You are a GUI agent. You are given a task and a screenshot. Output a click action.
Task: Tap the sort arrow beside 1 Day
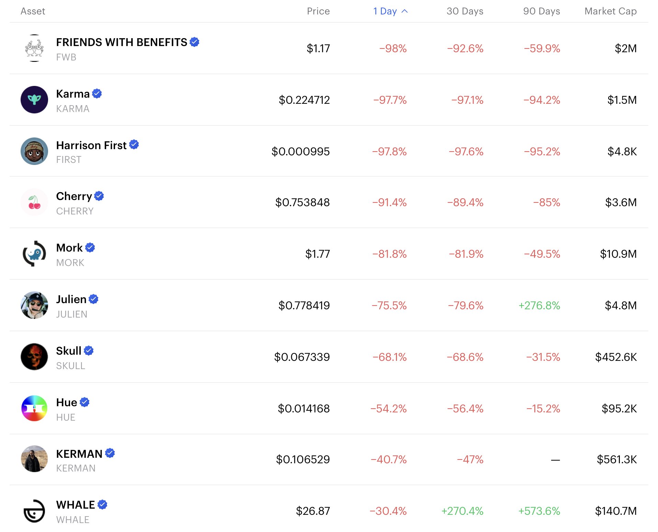[405, 11]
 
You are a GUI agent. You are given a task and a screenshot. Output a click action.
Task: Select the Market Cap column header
[610, 11]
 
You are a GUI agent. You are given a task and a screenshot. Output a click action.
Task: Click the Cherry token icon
[34, 202]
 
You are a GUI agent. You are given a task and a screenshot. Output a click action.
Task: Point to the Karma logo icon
[34, 100]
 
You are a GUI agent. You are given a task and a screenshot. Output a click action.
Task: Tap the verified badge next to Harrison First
[134, 145]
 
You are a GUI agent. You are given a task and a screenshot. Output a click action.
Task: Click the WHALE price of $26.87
[313, 511]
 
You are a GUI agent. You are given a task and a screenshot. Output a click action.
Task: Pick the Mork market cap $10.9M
[618, 254]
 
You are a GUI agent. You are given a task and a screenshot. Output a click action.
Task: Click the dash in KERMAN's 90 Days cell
[555, 460]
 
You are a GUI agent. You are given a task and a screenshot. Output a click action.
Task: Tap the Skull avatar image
[34, 357]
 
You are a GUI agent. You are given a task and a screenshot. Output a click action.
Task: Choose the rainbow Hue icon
[34, 408]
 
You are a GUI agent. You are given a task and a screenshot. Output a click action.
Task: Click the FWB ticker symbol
[66, 57]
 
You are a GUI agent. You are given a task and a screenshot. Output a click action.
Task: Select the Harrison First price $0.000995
[300, 152]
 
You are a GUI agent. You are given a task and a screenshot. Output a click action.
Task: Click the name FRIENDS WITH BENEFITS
[122, 42]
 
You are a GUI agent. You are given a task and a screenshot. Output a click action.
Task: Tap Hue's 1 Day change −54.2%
[388, 409]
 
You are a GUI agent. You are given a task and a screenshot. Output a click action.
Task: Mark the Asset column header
[33, 11]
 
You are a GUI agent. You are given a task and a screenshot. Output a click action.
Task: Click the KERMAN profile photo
[34, 459]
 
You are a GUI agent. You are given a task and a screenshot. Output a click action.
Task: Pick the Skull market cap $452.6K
[616, 357]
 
